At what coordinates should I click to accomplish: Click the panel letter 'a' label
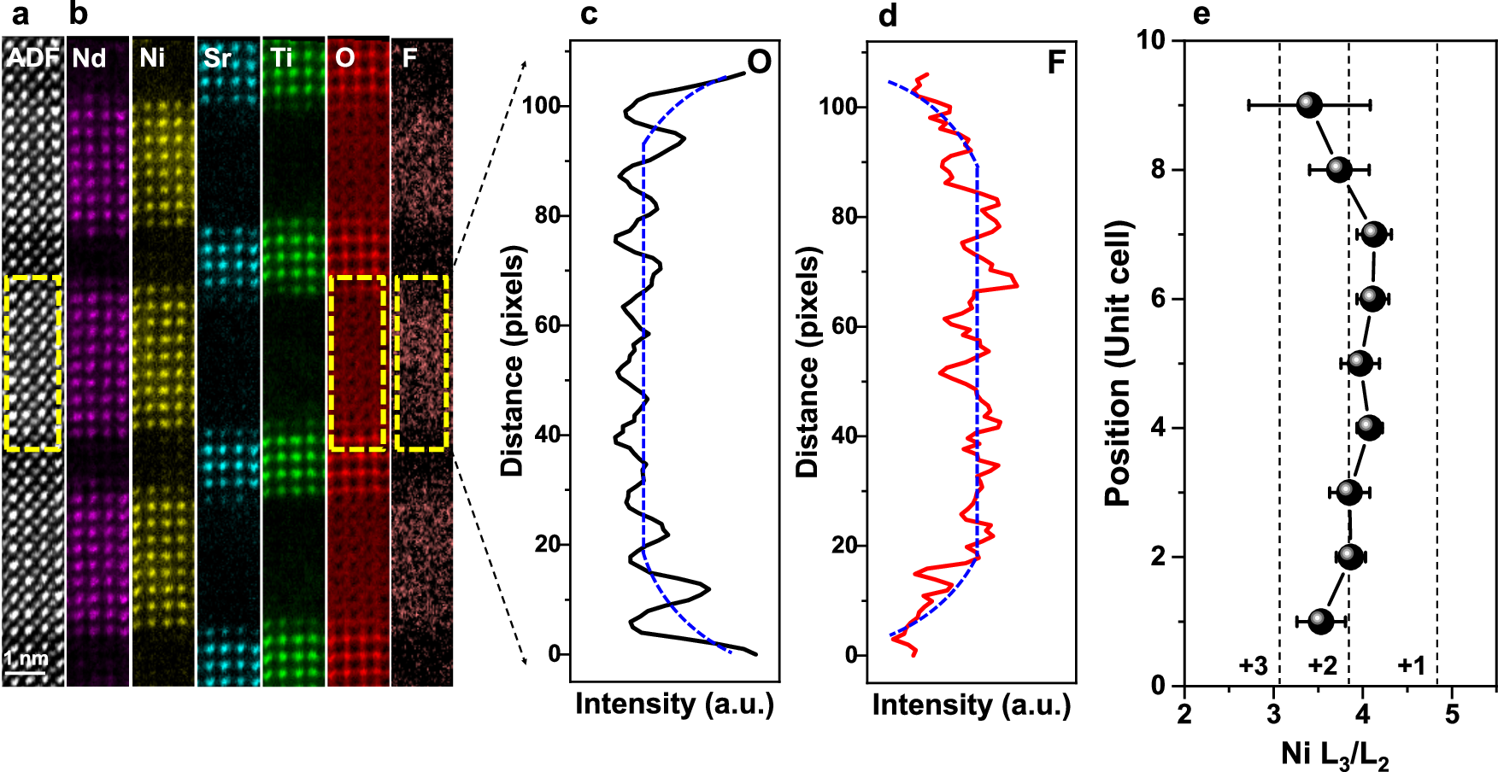point(19,15)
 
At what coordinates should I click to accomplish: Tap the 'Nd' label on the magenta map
point(89,58)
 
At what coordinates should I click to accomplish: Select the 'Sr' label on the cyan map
point(217,58)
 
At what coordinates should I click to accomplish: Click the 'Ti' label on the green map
point(281,58)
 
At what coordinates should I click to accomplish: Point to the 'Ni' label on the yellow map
point(152,58)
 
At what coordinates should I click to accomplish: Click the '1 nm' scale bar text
point(26,658)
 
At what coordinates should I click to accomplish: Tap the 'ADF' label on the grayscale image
point(32,58)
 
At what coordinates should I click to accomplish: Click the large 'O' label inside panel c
point(759,61)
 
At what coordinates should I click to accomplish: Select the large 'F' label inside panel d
point(1056,62)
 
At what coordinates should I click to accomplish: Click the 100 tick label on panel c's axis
point(542,106)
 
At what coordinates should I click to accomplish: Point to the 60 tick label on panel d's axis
point(844,326)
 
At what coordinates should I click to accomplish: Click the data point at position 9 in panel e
point(1309,105)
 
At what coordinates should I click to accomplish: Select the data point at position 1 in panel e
point(1321,621)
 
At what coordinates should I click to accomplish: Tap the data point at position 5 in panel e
point(1360,363)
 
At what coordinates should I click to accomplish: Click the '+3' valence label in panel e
point(1253,666)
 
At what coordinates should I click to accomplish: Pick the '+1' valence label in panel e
point(1411,666)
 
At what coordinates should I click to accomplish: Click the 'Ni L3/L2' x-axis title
point(1335,755)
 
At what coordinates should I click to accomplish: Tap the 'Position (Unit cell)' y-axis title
point(1118,363)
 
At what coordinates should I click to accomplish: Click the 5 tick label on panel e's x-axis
point(1452,714)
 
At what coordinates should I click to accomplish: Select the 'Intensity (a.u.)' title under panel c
point(674,705)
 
